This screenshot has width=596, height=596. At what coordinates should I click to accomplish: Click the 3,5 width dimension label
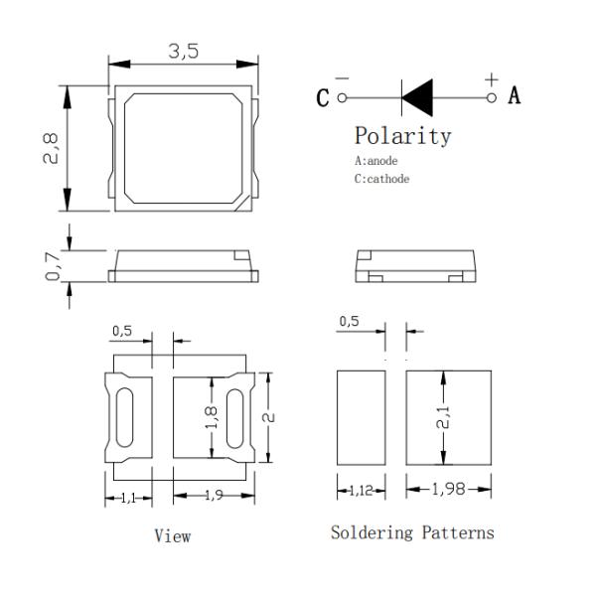click(183, 52)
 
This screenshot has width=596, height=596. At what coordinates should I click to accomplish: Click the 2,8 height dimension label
click(51, 148)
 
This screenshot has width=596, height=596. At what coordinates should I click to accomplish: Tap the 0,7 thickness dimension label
click(53, 265)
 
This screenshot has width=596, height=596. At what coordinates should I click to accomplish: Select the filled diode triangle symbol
click(417, 97)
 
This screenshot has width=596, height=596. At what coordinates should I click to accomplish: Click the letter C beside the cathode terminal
click(322, 97)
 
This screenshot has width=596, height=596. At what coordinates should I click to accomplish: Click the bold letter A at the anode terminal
click(515, 95)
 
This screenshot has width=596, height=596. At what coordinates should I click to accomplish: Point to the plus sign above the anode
click(492, 79)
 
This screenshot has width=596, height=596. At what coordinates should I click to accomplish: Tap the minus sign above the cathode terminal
click(342, 78)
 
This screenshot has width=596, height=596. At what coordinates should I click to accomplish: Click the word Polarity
click(403, 136)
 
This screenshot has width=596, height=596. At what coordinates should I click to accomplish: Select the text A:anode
click(375, 161)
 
